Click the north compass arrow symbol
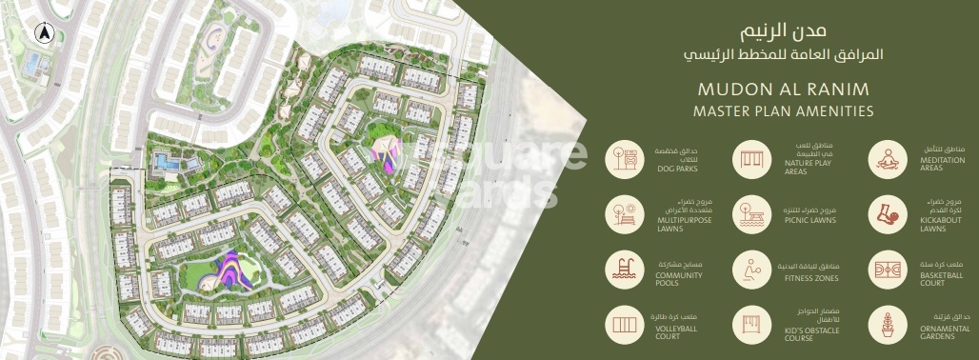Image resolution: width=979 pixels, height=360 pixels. tap(43, 31)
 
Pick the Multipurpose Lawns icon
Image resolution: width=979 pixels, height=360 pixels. tap(625, 214)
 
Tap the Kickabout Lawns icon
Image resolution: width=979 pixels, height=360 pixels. tap(886, 214)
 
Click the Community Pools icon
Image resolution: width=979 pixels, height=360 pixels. tap(625, 270)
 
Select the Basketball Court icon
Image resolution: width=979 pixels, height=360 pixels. tap(886, 270)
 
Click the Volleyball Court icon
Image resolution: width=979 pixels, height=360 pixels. tap(625, 326)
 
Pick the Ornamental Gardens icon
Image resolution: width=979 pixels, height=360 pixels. tap(886, 326)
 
